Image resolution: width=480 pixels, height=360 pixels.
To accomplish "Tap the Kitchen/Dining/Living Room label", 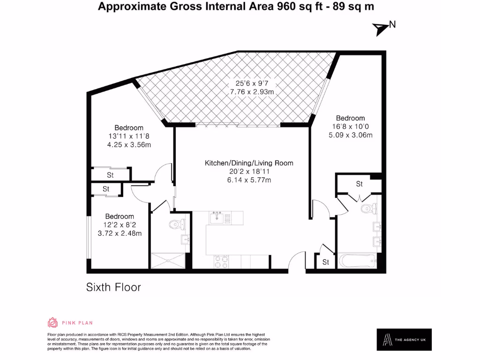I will pyautogui.click(x=249, y=163).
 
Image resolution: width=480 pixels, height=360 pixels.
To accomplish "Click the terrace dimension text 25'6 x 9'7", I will pyautogui.click(x=252, y=83).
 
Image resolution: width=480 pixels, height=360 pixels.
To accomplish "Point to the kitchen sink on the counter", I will pyautogui.click(x=217, y=217).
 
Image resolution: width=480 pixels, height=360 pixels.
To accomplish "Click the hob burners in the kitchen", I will pyautogui.click(x=221, y=261).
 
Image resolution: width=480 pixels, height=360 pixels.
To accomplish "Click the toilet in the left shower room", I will pyautogui.click(x=177, y=225).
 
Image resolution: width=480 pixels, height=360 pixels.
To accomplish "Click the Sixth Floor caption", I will pyautogui.click(x=113, y=287).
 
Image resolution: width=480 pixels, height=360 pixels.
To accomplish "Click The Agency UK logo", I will pyautogui.click(x=404, y=339).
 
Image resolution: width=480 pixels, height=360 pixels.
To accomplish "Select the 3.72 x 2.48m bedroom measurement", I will pyautogui.click(x=120, y=233).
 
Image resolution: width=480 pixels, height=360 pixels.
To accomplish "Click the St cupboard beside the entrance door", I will pyautogui.click(x=325, y=262).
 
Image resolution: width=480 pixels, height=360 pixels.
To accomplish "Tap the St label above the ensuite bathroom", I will pyautogui.click(x=359, y=184).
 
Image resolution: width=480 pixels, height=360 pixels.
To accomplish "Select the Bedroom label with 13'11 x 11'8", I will pyautogui.click(x=129, y=127).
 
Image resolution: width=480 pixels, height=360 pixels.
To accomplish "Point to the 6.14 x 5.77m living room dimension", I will pyautogui.click(x=249, y=180).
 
